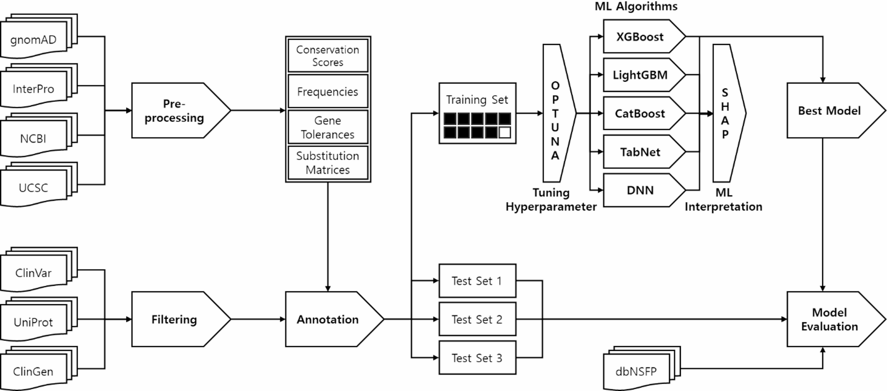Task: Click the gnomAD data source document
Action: (x=34, y=40)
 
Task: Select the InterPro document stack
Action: (x=34, y=89)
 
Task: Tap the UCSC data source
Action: (x=34, y=188)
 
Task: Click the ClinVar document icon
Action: (x=34, y=273)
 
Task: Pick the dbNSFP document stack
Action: (x=636, y=371)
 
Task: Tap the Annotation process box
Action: (x=328, y=319)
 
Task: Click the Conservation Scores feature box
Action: (x=328, y=56)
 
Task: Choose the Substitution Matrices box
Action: (x=328, y=163)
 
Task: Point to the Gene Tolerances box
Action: (x=328, y=127)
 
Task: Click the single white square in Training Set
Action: (x=504, y=132)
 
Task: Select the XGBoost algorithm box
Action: (x=640, y=37)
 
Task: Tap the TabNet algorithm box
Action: (x=640, y=152)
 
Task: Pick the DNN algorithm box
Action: (x=640, y=190)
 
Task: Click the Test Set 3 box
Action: (x=477, y=358)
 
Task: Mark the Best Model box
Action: (x=829, y=110)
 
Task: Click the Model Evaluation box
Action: (x=829, y=319)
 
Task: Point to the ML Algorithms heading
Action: (x=636, y=6)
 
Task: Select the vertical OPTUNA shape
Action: (x=557, y=113)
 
